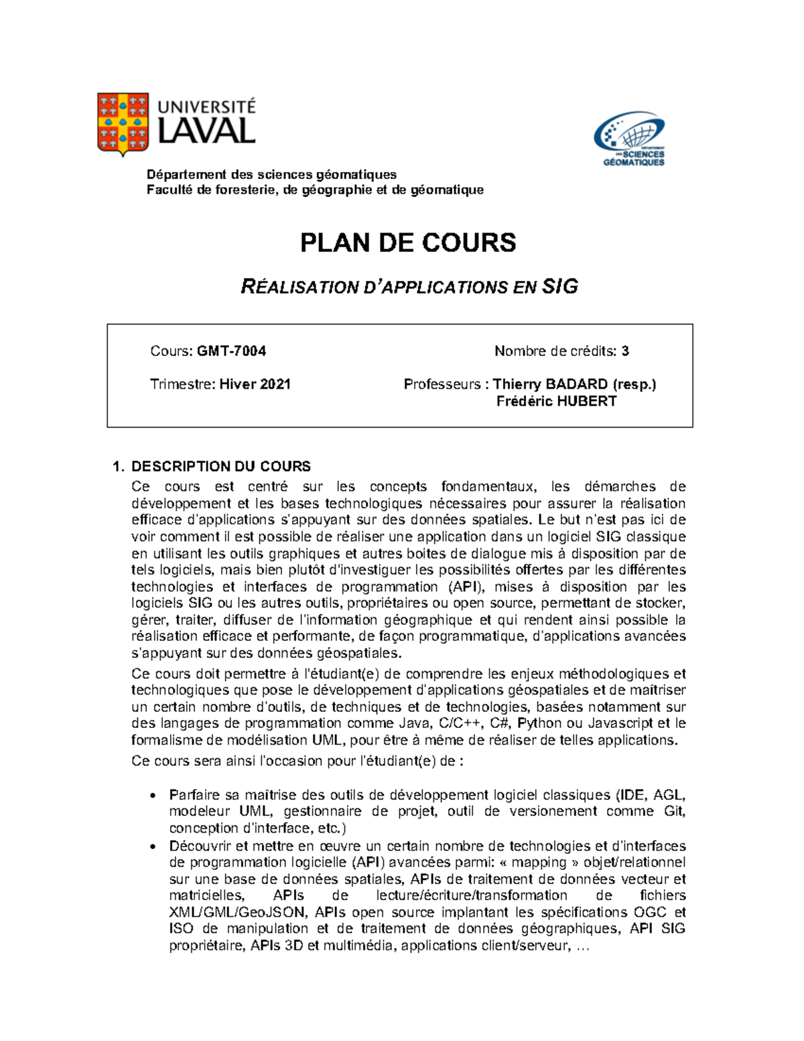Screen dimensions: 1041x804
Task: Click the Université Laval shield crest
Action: [x=123, y=124]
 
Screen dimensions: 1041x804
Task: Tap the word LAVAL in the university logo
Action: [x=206, y=131]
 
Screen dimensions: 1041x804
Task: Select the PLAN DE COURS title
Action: [x=407, y=243]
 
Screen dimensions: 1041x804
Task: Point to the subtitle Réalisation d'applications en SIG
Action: [x=409, y=287]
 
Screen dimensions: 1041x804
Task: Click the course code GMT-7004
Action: [x=231, y=351]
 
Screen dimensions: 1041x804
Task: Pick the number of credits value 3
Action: [x=624, y=351]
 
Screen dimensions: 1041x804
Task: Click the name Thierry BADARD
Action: [x=550, y=384]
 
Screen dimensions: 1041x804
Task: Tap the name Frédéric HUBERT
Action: [x=556, y=402]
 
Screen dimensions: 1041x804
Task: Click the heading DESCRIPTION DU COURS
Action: [x=220, y=467]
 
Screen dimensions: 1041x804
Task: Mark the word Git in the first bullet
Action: [x=674, y=811]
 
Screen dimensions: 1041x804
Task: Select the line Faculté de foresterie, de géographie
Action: [x=315, y=190]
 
